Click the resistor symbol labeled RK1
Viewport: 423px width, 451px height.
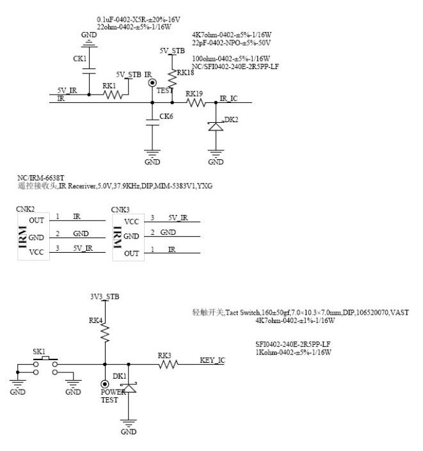[x=113, y=95]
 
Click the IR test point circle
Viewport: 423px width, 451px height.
[x=152, y=83]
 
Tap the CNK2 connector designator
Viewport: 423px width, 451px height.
[x=26, y=209]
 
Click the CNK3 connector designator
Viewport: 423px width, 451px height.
[x=120, y=209]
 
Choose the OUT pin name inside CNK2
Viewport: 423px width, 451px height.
[x=36, y=220]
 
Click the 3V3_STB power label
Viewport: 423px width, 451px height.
[x=105, y=297]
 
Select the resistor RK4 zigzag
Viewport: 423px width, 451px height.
[x=105, y=332]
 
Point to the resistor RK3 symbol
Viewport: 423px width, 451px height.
[x=168, y=364]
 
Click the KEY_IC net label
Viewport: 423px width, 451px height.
[x=212, y=361]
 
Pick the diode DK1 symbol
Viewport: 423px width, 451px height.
[x=130, y=388]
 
